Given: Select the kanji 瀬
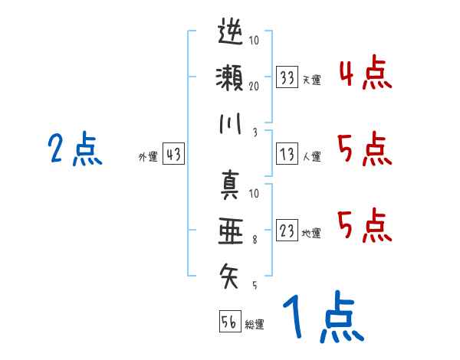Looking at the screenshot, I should [x=230, y=77].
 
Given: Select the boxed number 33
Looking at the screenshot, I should [x=287, y=77].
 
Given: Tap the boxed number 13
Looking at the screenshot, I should [x=287, y=154].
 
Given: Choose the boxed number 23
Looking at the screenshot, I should [x=287, y=231].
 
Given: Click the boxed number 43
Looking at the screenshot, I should [x=173, y=155].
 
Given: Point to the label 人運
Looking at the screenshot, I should [x=311, y=157].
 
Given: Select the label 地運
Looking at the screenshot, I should [x=311, y=234].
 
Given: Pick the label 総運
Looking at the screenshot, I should [x=255, y=324].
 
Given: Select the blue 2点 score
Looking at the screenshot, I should [x=75, y=149].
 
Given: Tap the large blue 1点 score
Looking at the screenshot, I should [x=322, y=318].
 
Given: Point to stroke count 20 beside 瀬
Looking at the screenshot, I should [x=254, y=86].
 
